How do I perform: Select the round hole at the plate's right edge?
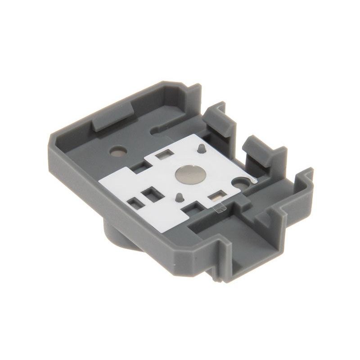click(x=241, y=182)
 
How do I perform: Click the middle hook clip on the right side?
click(x=257, y=149)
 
